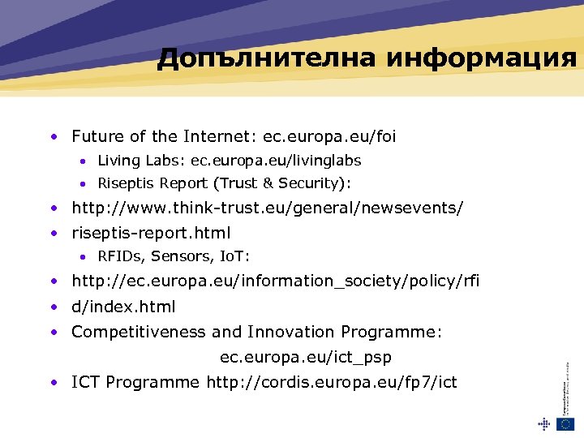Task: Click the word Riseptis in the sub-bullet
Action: (126, 183)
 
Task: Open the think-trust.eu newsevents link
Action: (268, 208)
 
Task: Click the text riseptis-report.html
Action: (151, 233)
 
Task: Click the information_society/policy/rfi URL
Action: (276, 281)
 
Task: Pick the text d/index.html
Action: (123, 307)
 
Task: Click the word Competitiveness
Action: (139, 332)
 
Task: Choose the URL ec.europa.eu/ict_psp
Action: (306, 357)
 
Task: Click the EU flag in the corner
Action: (565, 423)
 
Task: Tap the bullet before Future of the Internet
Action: (53, 136)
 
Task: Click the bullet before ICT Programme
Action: (53, 381)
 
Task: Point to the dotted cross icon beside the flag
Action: (543, 423)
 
